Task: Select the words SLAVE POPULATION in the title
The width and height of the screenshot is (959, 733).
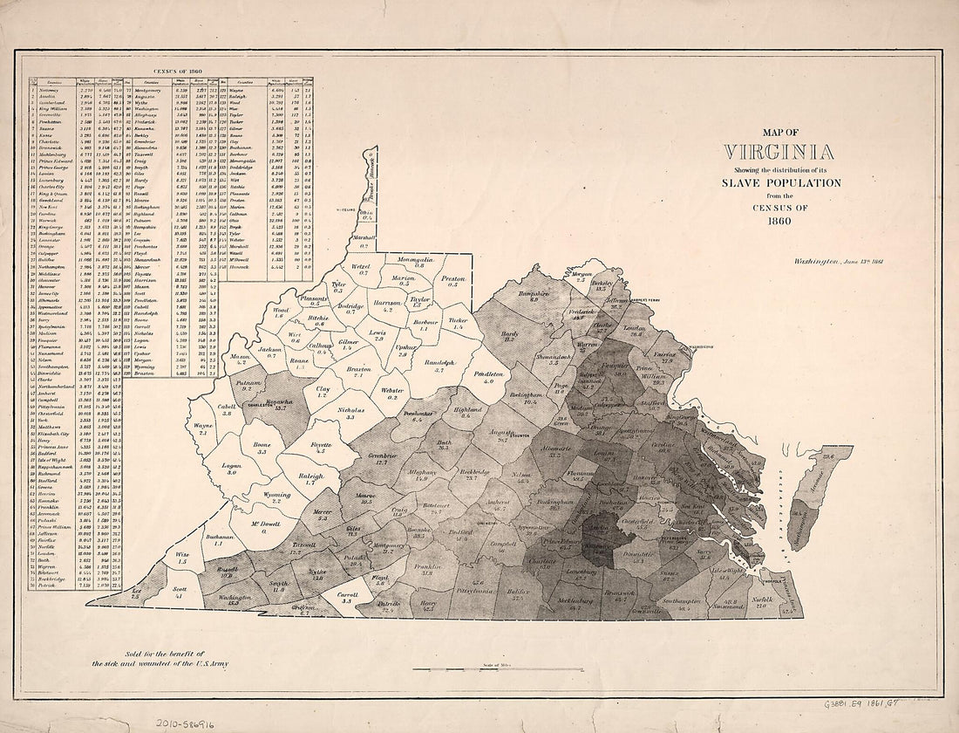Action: click(781, 182)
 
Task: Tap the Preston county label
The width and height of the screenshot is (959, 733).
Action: click(452, 279)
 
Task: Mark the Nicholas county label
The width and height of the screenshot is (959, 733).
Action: click(350, 412)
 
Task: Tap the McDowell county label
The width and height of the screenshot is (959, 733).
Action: click(264, 526)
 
